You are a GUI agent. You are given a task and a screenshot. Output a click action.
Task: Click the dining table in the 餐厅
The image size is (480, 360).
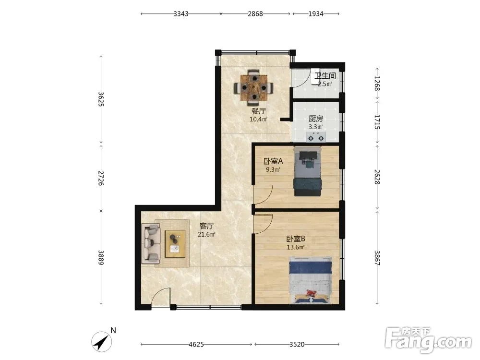coord(253,88)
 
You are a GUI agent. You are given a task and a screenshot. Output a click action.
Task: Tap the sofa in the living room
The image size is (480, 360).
coord(151,244)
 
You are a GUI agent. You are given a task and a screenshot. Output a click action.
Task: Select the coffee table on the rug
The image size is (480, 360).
coord(175,244)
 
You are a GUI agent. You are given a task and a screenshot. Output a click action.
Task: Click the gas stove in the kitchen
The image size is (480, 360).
coord(316,137)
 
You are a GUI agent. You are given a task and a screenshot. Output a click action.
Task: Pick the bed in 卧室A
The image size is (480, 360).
coord(308,171)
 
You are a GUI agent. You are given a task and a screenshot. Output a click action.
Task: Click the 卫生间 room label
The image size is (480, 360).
coord(325,76)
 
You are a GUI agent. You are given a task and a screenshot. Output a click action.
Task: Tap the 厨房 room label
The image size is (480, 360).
coord(316,119)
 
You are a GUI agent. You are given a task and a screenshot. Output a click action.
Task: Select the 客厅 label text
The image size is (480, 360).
coord(206,226)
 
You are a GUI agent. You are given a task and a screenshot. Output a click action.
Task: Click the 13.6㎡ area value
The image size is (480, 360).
coord(295,247)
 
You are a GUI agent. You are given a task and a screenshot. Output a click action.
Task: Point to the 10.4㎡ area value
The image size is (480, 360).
coord(258,119)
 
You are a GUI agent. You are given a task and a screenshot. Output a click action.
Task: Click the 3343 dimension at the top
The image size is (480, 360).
coord(180,14)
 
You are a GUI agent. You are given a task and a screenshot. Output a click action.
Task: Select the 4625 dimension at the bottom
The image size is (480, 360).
coord(196,344)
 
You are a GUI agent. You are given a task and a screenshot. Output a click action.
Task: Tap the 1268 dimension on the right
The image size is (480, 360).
coord(377,83)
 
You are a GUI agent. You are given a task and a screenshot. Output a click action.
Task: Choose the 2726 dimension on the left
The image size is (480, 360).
coord(101,178)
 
